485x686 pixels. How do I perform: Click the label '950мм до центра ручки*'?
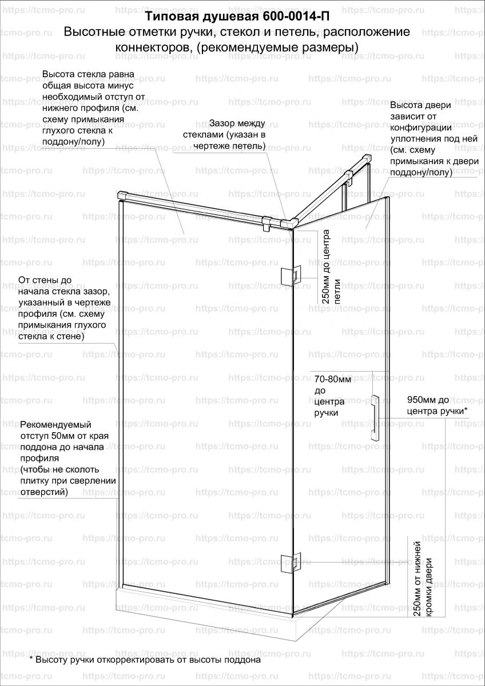click(x=437, y=405)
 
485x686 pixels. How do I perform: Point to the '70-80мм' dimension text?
click(x=333, y=378)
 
